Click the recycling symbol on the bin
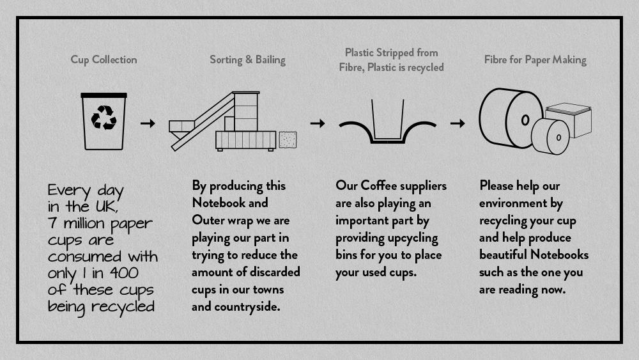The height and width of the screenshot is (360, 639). click(x=104, y=118)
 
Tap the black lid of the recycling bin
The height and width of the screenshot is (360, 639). click(x=104, y=95)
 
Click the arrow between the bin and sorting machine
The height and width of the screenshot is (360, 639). click(x=148, y=123)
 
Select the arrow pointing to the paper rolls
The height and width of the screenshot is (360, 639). click(x=458, y=123)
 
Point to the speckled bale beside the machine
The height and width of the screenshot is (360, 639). click(x=288, y=139)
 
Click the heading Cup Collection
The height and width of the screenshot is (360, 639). click(x=104, y=59)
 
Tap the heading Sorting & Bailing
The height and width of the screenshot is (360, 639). click(x=247, y=60)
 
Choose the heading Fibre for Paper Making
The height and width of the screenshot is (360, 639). click(x=535, y=60)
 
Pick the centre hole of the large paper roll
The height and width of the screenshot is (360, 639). click(x=525, y=120)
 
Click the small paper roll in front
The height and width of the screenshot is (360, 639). click(x=550, y=136)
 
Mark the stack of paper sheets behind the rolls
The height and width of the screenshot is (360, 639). click(x=569, y=119)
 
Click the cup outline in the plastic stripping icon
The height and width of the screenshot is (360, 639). click(x=388, y=121)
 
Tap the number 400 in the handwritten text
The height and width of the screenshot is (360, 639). click(x=124, y=273)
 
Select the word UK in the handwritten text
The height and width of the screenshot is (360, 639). click(x=107, y=207)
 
